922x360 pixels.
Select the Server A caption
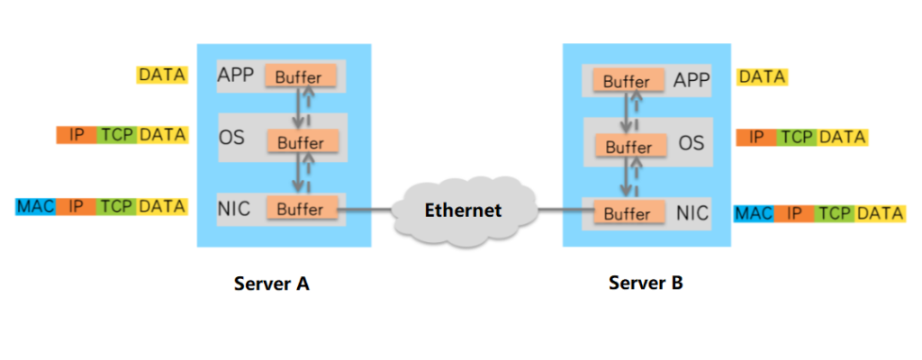pyautogui.click(x=271, y=284)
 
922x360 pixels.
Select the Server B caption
pyautogui.click(x=646, y=283)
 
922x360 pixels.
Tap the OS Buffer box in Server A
pyautogui.click(x=300, y=142)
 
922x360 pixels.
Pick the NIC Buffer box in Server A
pyautogui.click(x=300, y=209)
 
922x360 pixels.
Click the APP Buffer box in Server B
pyautogui.click(x=626, y=82)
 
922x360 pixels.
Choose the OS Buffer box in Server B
pyautogui.click(x=627, y=147)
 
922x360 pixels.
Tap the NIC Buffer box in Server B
pyautogui.click(x=627, y=214)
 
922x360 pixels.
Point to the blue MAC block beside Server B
pyautogui.click(x=754, y=214)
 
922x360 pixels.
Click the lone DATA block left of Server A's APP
pyautogui.click(x=162, y=75)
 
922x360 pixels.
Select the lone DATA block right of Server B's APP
pyautogui.click(x=762, y=77)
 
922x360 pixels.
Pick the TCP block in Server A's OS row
pyautogui.click(x=118, y=135)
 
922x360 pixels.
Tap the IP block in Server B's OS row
pyautogui.click(x=756, y=138)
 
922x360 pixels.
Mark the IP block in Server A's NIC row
pyautogui.click(x=77, y=206)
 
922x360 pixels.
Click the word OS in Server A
pyautogui.click(x=231, y=139)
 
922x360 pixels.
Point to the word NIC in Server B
pyautogui.click(x=692, y=213)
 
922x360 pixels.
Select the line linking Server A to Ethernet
pyautogui.click(x=365, y=211)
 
